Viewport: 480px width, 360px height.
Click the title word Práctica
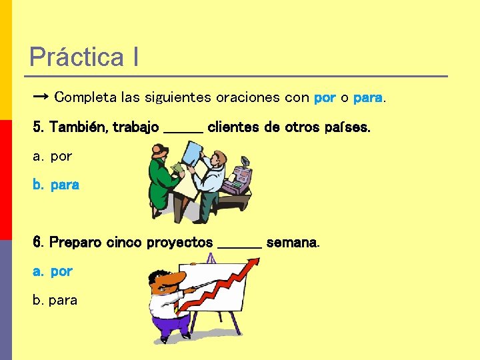(76, 57)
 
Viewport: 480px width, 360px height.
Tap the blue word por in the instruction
(325, 97)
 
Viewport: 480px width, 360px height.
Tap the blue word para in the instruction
(367, 97)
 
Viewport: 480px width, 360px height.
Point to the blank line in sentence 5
(183, 129)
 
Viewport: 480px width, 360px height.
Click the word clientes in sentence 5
(231, 127)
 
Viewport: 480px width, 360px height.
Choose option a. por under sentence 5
(53, 157)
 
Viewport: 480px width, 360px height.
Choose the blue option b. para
(57, 185)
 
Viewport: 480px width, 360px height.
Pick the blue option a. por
(53, 271)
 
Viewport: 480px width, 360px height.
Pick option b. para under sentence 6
(55, 301)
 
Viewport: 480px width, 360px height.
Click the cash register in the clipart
(237, 179)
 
